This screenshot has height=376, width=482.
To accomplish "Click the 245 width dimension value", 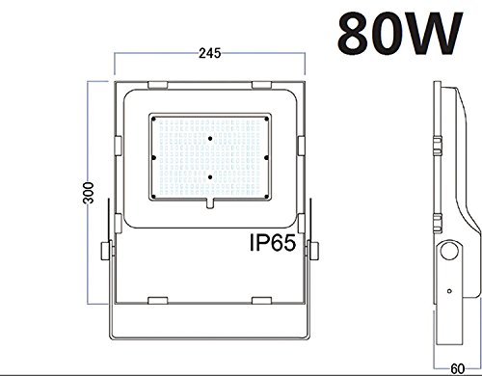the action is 209,53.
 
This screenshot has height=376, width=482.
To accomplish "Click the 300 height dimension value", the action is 88,193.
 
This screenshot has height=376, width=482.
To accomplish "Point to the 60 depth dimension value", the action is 458,368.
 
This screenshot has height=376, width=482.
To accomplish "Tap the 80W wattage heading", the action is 400,34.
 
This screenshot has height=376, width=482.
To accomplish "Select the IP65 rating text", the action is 273,243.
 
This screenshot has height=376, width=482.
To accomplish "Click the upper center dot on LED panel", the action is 210,139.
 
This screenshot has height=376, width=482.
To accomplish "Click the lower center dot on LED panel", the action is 210,177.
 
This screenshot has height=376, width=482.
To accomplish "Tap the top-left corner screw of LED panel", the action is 153,120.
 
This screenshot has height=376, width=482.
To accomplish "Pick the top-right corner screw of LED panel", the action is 266,120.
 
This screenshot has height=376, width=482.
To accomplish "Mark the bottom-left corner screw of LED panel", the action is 153,197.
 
